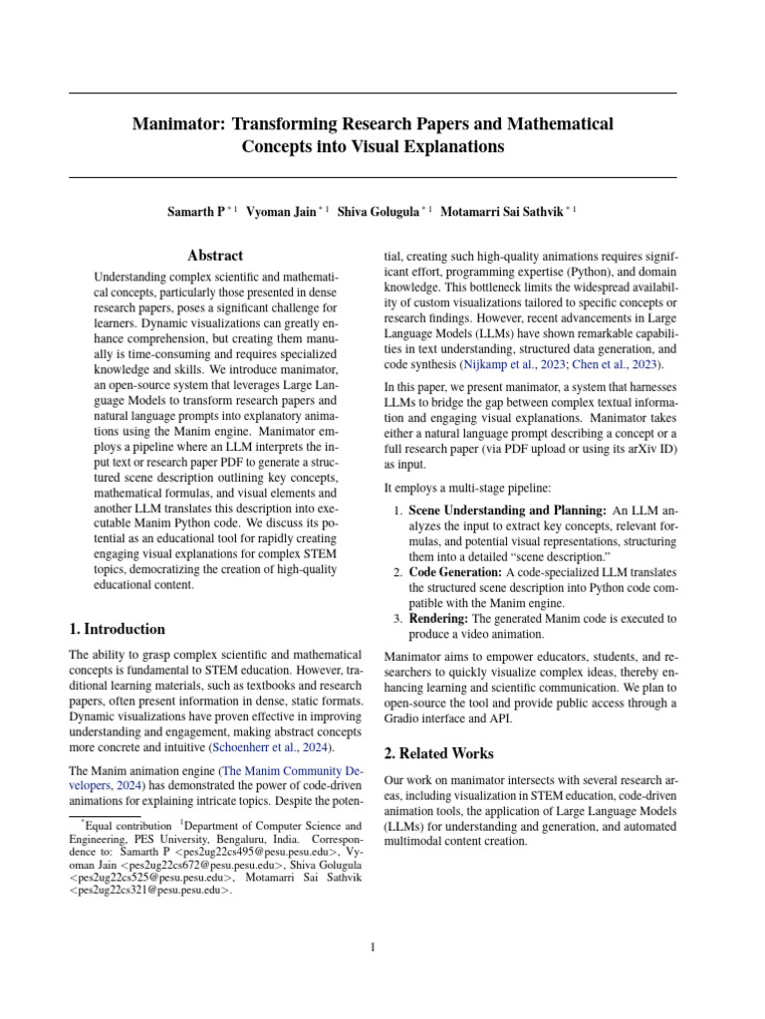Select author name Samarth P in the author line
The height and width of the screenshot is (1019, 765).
(196, 211)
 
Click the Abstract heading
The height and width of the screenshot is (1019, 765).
(215, 256)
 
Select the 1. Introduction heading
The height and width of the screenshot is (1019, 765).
(117, 629)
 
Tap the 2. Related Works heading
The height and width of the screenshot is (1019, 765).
(439, 753)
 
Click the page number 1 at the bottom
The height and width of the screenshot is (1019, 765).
(373, 947)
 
